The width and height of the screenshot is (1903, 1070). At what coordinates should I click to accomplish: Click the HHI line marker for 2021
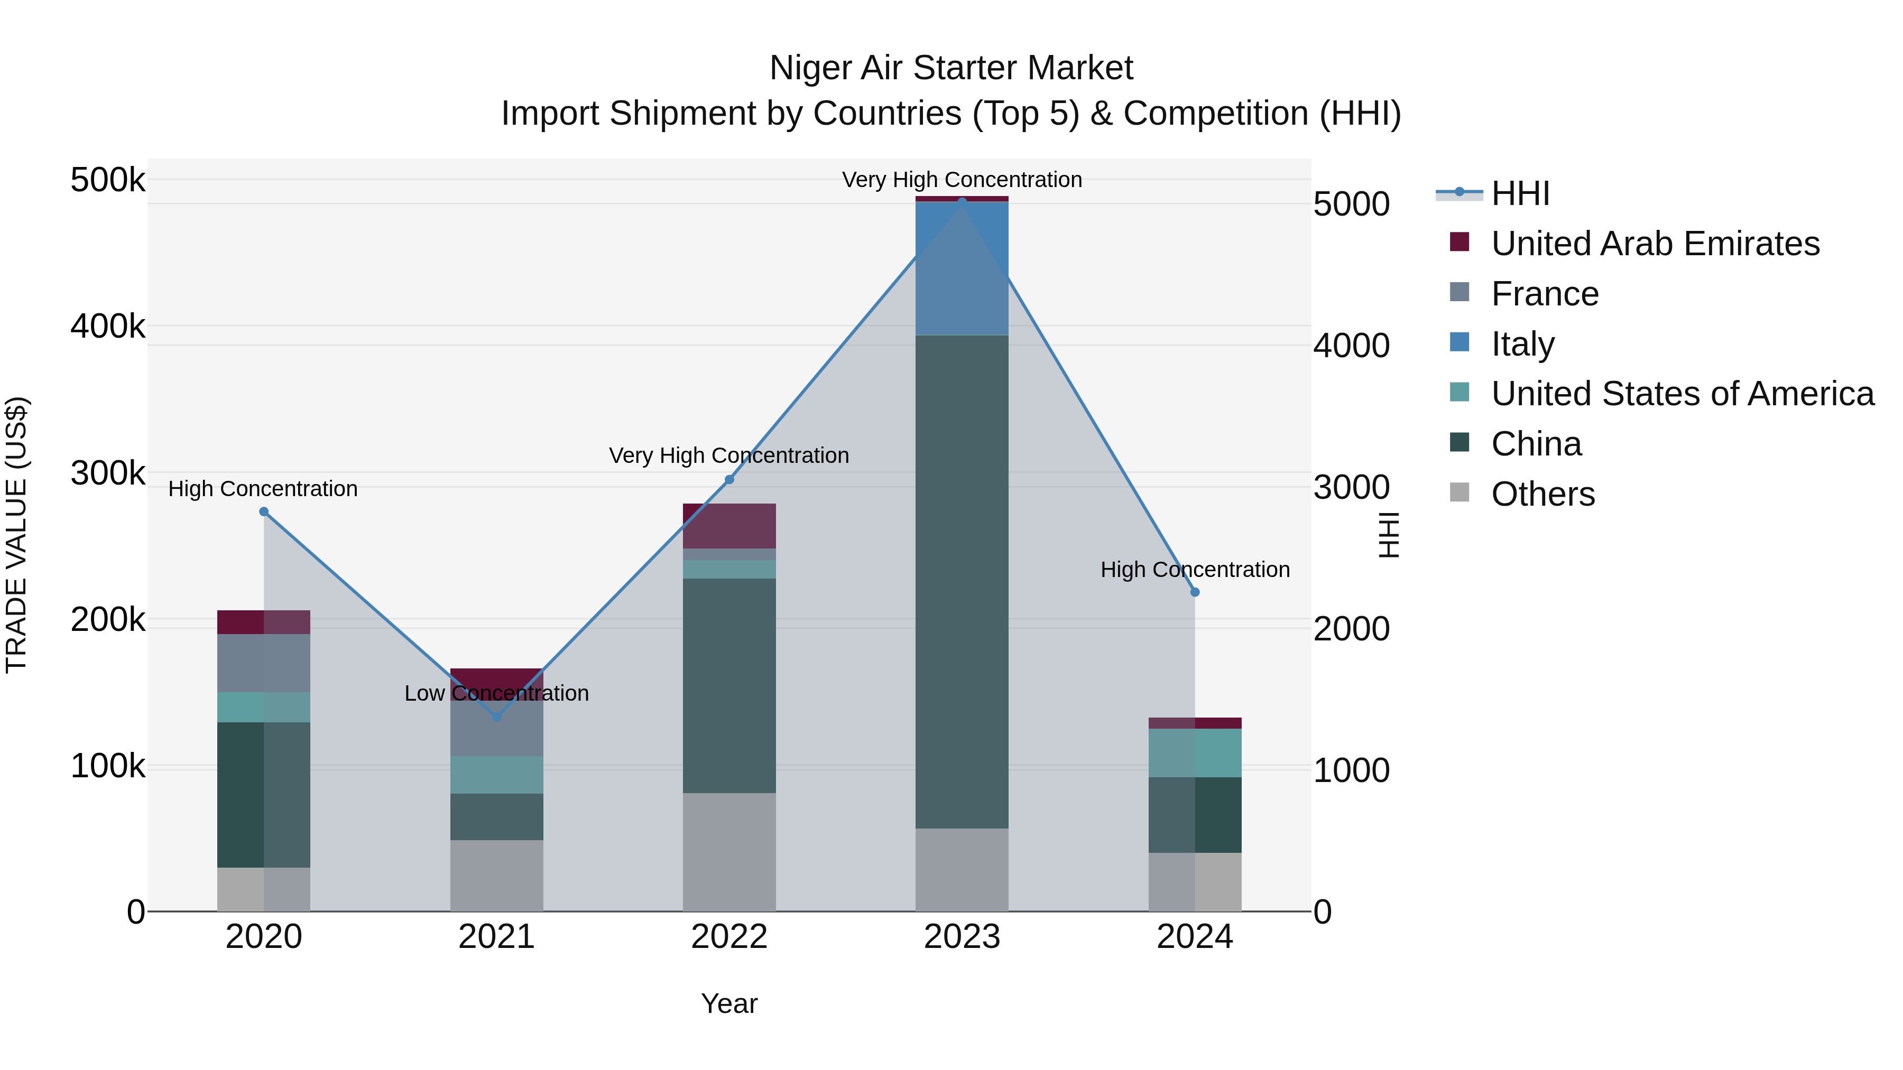point(496,717)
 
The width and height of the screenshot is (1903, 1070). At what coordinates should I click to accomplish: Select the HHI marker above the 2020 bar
point(264,511)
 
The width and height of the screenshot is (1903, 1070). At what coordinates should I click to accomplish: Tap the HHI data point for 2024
point(1195,592)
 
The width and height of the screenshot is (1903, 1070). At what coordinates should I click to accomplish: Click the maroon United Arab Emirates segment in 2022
point(729,526)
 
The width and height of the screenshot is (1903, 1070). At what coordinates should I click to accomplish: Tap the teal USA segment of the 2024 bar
point(1195,752)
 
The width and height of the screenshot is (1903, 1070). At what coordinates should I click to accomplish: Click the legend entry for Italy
point(1522,344)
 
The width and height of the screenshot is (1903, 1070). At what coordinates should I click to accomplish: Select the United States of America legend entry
point(1682,394)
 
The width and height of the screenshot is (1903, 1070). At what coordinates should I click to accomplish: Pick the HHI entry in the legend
point(1520,193)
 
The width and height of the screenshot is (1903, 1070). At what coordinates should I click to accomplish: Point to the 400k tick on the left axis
point(108,325)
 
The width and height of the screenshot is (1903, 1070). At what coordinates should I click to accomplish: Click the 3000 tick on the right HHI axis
point(1351,487)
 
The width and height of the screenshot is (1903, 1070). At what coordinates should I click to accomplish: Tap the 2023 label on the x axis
point(962,937)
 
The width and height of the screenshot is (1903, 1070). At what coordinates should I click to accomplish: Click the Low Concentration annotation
point(496,693)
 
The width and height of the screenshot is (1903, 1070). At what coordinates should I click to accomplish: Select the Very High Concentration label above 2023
point(962,180)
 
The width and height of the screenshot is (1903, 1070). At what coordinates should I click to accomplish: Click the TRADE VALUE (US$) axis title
point(16,535)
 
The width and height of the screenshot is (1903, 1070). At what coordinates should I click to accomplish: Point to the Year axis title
point(729,1003)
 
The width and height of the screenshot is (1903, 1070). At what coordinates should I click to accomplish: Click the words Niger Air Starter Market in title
point(951,68)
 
